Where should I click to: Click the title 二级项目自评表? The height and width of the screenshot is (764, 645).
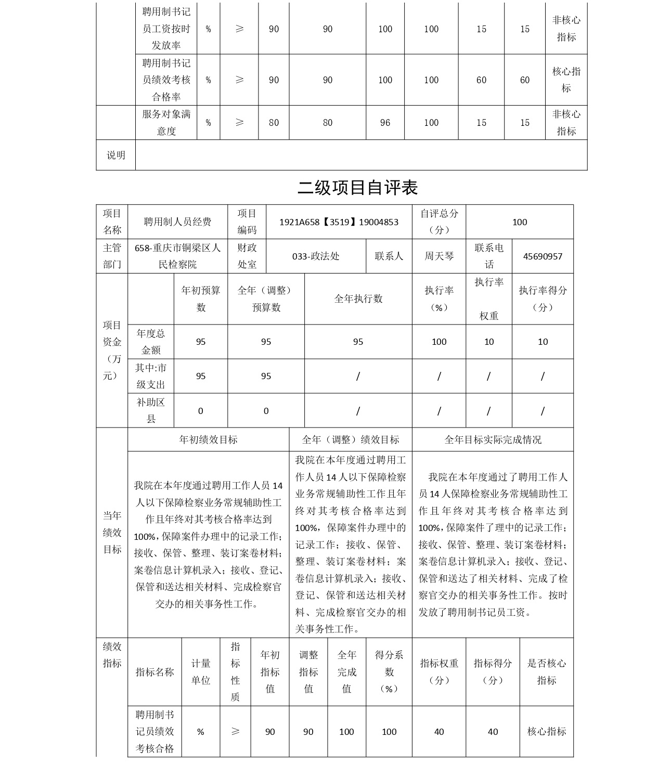click(357, 188)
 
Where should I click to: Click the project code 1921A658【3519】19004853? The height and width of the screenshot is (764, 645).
click(339, 222)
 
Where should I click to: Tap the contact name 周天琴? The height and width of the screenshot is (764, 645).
click(439, 256)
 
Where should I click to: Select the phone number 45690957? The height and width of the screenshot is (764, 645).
click(543, 256)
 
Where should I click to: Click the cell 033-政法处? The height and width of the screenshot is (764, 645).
click(316, 256)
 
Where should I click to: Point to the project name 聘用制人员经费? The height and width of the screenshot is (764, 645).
click(177, 222)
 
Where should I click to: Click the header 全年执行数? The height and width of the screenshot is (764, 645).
click(358, 299)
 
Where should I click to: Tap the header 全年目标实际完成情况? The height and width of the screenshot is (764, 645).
click(493, 439)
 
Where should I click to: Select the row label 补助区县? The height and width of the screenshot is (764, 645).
click(151, 410)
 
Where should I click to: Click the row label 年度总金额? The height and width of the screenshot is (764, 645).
click(151, 342)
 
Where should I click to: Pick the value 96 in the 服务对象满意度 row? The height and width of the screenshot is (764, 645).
click(385, 123)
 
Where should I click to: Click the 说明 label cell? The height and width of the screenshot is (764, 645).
click(116, 155)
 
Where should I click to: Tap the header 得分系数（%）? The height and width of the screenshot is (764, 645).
click(389, 671)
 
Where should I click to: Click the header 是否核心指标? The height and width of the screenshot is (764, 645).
click(546, 671)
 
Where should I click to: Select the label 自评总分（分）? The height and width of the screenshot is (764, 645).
click(439, 222)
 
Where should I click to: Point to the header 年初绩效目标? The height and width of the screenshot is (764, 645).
click(208, 439)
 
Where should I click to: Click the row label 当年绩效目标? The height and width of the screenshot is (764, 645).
click(112, 533)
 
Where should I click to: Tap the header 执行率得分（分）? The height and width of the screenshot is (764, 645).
click(543, 299)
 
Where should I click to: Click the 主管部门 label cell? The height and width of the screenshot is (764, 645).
click(112, 256)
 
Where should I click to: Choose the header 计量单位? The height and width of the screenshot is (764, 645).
click(201, 671)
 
